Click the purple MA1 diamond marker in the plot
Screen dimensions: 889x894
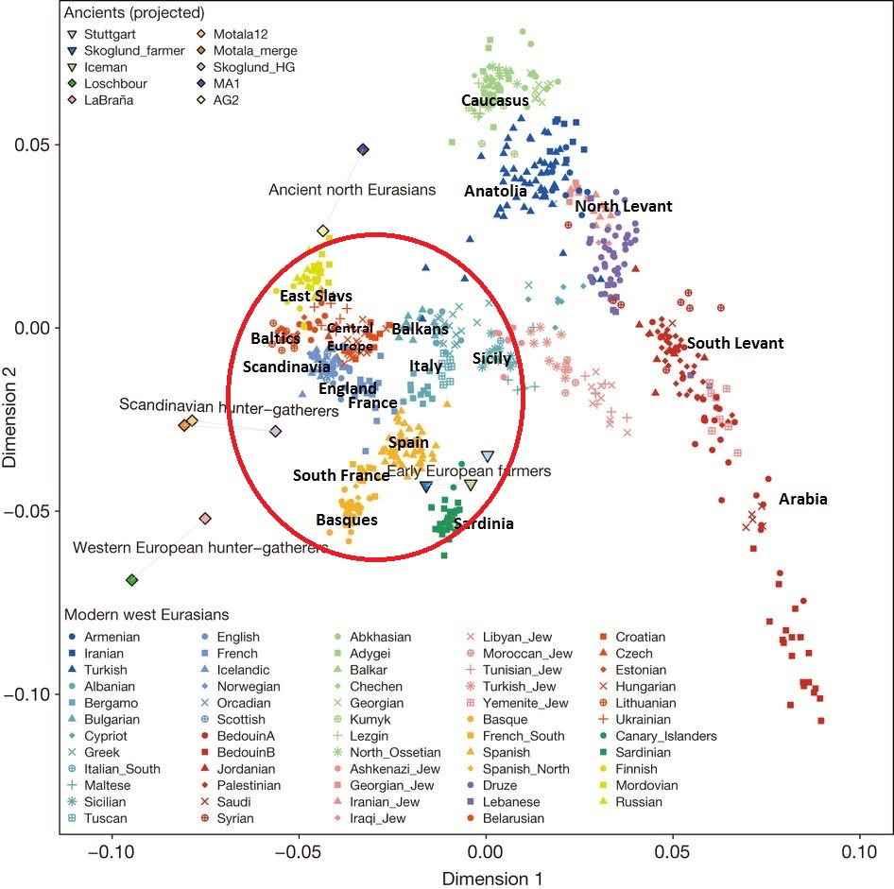(x=363, y=149)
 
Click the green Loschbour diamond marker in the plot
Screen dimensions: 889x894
(x=131, y=579)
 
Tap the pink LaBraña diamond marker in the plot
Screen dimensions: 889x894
(x=205, y=519)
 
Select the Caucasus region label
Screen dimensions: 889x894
(x=494, y=99)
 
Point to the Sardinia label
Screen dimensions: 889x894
(x=483, y=523)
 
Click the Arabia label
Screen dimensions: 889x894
(x=802, y=499)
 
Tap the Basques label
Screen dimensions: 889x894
(x=347, y=520)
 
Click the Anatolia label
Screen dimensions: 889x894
(x=495, y=191)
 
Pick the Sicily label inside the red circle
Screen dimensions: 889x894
(x=491, y=358)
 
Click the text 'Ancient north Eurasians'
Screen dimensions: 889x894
(x=352, y=190)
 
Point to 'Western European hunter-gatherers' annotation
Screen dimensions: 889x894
(x=200, y=547)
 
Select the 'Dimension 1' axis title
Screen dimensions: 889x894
(x=491, y=879)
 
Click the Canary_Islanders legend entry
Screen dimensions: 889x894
(x=666, y=736)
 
